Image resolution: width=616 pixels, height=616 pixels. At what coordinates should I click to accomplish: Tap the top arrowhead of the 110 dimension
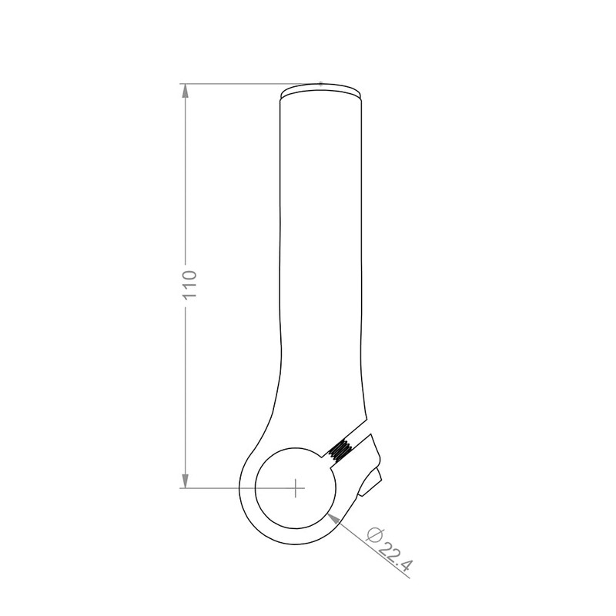185,91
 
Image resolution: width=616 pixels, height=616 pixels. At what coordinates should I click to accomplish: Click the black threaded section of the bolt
339,450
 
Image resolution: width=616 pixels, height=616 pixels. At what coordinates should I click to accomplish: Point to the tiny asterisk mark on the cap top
320,83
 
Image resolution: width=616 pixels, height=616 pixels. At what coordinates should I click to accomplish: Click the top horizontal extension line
231,83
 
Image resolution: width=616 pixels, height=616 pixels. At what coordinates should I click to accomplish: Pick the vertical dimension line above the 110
185,177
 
